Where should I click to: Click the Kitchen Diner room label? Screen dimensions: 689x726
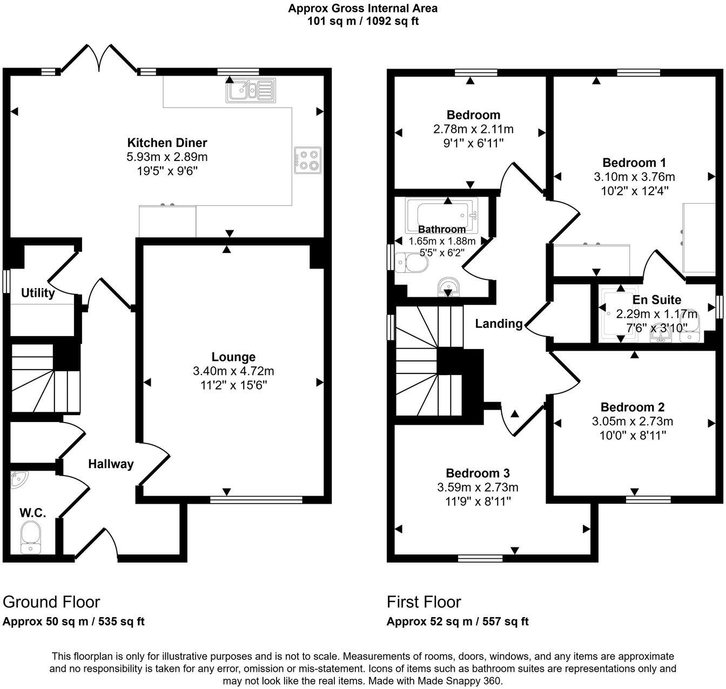(167, 143)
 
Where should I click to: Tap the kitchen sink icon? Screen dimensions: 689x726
(250, 90)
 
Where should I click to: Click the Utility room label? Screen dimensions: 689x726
(38, 293)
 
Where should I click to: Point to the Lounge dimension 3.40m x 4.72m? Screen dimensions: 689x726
(233, 371)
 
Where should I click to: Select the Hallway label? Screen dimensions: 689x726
(111, 464)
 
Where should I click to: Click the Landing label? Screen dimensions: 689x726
(499, 324)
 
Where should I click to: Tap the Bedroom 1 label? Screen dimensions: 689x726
(634, 163)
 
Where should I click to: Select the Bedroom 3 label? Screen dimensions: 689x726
(478, 473)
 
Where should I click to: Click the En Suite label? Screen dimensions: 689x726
(656, 300)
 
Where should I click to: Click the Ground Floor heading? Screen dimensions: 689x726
(51, 602)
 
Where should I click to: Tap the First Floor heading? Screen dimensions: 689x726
(423, 602)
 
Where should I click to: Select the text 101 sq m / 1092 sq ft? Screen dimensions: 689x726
(362, 22)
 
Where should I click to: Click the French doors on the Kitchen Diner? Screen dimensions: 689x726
(99, 58)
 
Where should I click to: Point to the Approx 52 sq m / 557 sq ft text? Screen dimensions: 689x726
(458, 621)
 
